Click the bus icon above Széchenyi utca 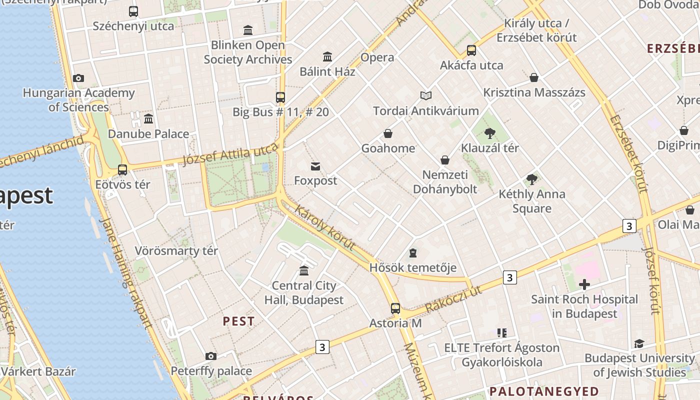tap(133, 11)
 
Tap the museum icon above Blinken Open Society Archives tap(248, 30)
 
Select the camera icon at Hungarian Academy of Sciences tap(78, 78)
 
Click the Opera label tap(377, 57)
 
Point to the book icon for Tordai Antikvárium tap(426, 95)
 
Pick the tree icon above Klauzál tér tap(490, 133)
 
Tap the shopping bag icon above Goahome tap(388, 133)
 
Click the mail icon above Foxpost tap(315, 166)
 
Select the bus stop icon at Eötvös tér tap(122, 170)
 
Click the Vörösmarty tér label tap(176, 250)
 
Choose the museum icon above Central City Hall tap(304, 271)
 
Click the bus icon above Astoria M tap(395, 308)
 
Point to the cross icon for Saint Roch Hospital tap(584, 285)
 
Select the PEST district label tap(238, 321)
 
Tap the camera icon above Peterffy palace tap(211, 356)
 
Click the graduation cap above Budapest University tap(639, 343)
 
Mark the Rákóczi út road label tap(453, 299)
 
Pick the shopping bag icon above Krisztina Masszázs tap(534, 77)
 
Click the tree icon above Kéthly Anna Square tap(532, 179)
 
